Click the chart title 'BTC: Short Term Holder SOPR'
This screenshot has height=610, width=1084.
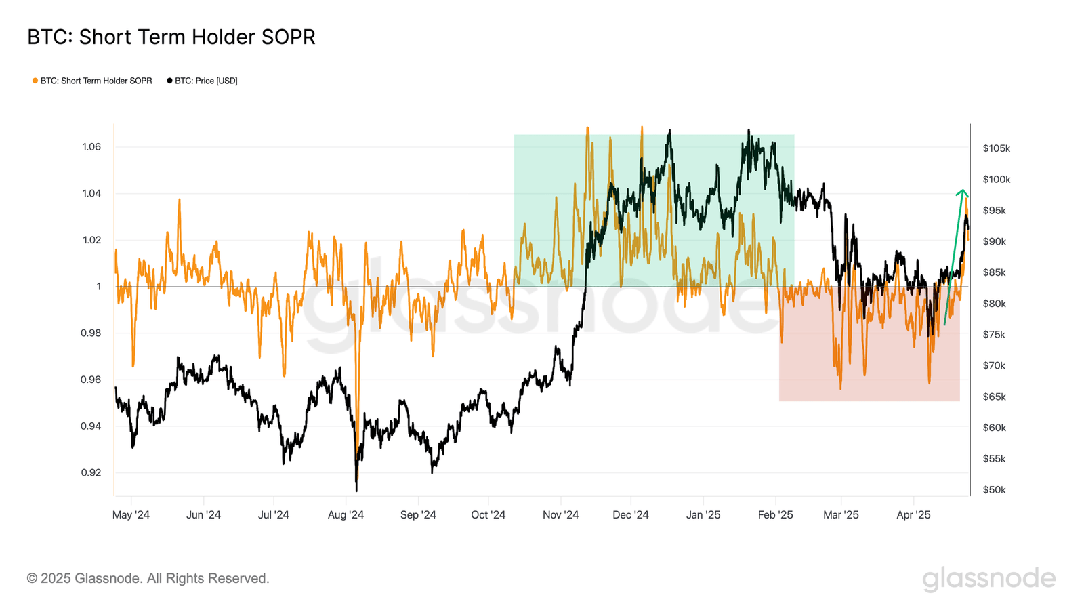[171, 37]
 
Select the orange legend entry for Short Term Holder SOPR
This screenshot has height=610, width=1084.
[92, 81]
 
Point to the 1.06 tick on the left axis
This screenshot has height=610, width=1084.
[91, 147]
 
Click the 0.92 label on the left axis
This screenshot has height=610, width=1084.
[91, 472]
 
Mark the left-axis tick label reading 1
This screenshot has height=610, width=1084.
[98, 287]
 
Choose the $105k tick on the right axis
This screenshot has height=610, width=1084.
[996, 148]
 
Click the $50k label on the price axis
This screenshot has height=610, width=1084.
[994, 489]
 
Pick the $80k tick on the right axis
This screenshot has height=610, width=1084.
[994, 304]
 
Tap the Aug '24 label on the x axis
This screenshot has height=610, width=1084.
[346, 515]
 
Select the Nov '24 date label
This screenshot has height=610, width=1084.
[560, 515]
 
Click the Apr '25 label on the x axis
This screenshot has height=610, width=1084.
[913, 515]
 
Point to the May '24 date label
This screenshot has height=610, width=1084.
[131, 515]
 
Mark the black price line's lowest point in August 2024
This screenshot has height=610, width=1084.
[356, 489]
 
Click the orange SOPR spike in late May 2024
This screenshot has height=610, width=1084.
[180, 201]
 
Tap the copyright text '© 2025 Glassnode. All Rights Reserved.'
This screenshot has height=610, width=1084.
[148, 578]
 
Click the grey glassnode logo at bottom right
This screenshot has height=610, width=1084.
[988, 579]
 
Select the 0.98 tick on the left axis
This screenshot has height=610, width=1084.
[91, 333]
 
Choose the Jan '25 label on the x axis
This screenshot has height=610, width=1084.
[703, 515]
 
